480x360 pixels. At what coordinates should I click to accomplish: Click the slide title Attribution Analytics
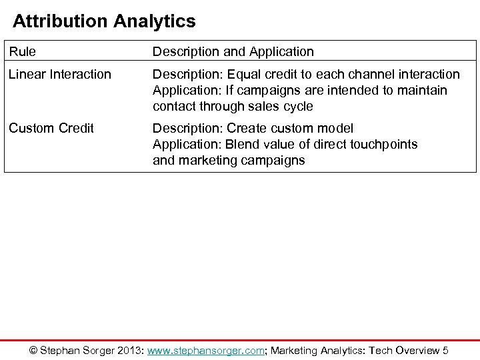(x=105, y=21)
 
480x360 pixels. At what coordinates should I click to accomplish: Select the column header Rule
(x=23, y=51)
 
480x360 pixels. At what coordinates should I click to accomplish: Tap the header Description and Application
(x=233, y=51)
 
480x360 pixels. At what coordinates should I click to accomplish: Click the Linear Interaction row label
(x=60, y=74)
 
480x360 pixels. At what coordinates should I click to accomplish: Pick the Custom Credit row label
(x=51, y=128)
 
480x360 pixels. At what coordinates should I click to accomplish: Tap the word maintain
(x=423, y=90)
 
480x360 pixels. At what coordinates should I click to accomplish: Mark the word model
(x=336, y=128)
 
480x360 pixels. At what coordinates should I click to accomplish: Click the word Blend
(x=245, y=144)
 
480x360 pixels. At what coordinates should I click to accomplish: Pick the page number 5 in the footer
(x=445, y=351)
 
